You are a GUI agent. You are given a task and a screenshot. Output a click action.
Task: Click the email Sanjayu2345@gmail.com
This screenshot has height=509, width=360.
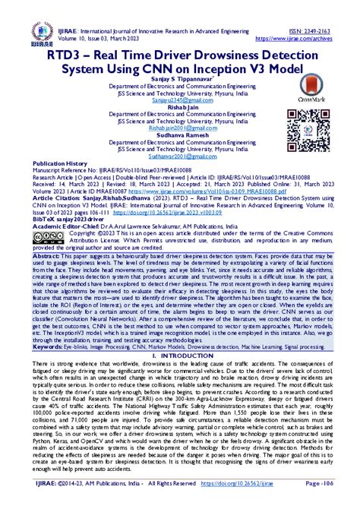[179, 100]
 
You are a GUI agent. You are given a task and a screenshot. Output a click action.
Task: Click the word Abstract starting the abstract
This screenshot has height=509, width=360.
[47, 236]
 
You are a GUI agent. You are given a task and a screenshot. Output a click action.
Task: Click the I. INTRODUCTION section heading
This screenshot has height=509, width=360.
[179, 356]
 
